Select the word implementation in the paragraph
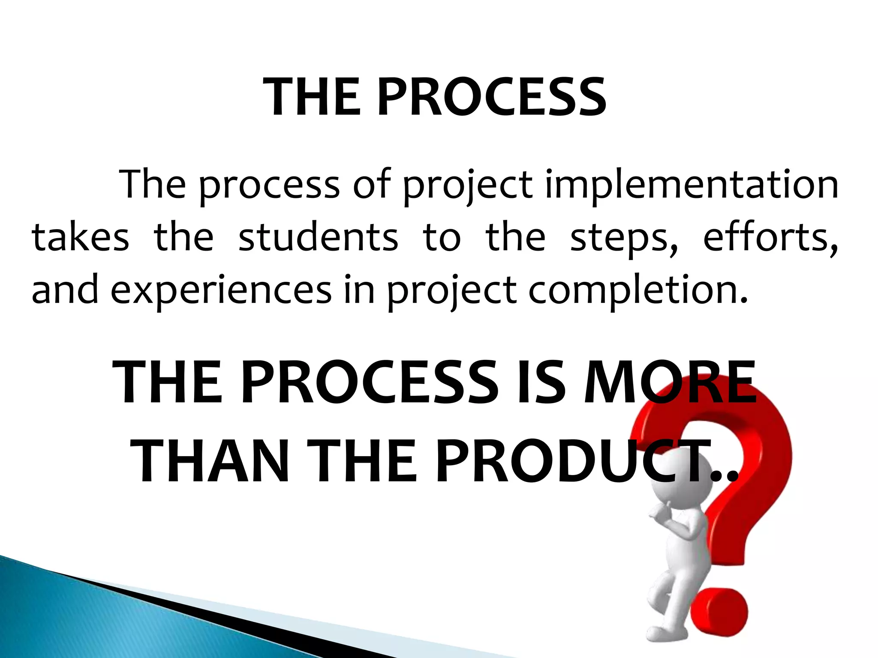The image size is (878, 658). point(691,185)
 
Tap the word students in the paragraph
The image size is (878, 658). point(318,238)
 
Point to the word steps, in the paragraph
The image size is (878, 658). point(624,239)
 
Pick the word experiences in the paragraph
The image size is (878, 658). point(221,290)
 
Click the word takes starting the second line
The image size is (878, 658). point(80,238)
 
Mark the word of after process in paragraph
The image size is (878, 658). point(371,185)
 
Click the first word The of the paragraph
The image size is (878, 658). point(153,185)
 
